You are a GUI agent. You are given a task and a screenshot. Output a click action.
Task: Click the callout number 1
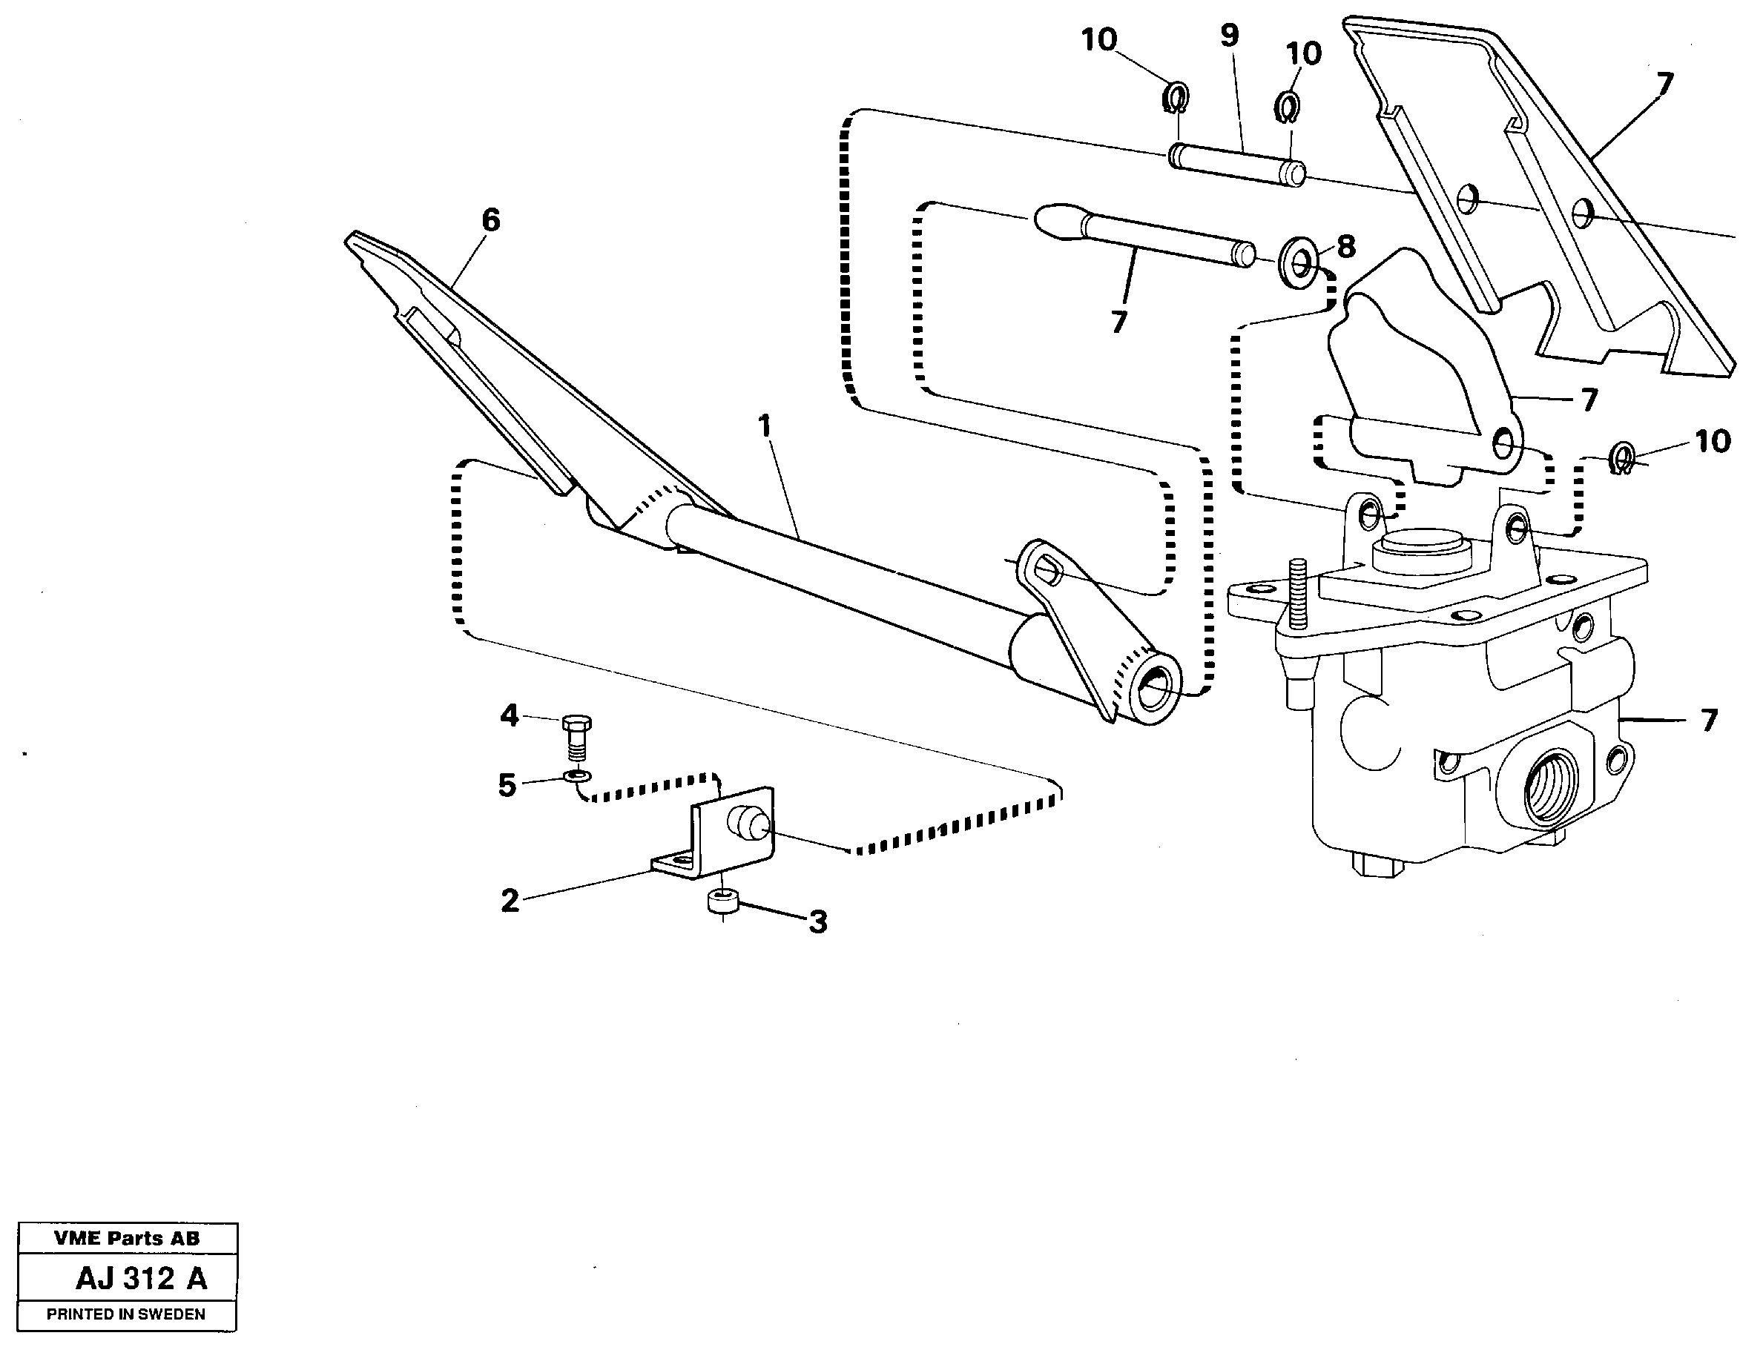coord(765,426)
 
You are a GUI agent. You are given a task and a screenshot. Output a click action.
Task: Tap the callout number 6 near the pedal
coord(491,219)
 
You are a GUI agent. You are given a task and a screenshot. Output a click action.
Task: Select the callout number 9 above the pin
coord(1230,36)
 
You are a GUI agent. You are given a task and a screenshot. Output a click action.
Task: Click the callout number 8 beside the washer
coord(1346,247)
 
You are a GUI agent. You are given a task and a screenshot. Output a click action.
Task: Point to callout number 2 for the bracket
coord(510,901)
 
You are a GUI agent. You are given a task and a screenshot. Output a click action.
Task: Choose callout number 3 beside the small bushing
coord(817,922)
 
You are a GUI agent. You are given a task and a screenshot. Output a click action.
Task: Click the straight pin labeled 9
coord(1235,164)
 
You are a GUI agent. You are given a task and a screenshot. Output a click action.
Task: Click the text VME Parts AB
coord(127,1238)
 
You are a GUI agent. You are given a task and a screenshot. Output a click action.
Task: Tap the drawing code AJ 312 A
coord(141,1279)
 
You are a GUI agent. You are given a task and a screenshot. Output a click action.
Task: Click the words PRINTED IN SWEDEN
coord(126,1314)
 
